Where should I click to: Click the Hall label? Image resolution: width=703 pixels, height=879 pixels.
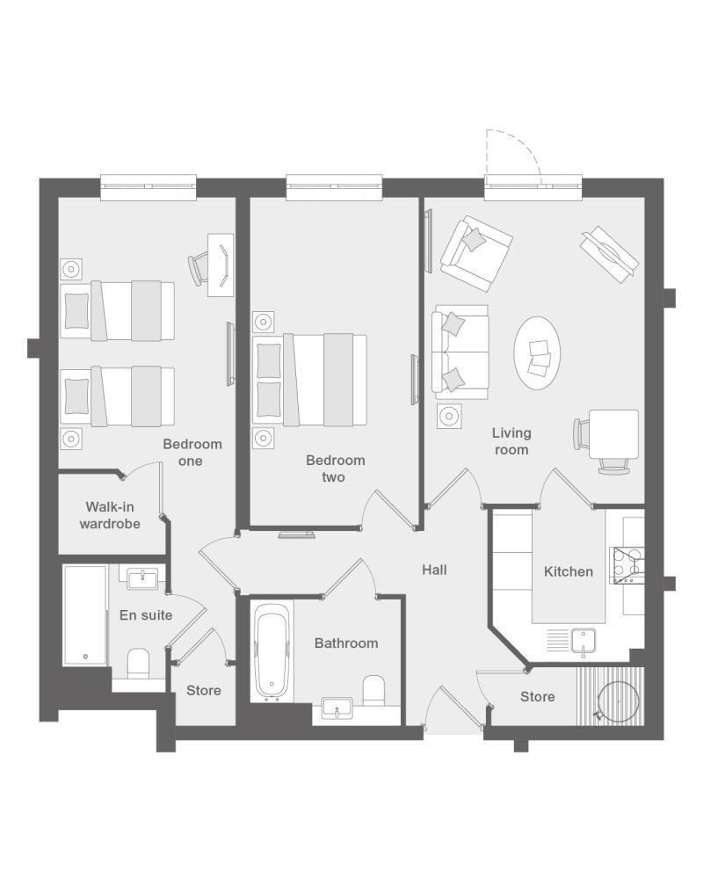click(x=434, y=570)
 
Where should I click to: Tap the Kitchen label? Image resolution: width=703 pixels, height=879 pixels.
click(x=568, y=572)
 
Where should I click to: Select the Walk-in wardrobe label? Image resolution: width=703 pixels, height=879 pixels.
click(x=110, y=515)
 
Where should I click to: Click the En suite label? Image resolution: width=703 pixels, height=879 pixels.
click(x=146, y=615)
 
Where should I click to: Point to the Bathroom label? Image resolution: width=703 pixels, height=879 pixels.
click(x=346, y=643)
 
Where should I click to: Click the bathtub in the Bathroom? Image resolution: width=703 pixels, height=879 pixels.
click(x=272, y=652)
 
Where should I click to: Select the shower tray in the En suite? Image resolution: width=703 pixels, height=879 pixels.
click(x=85, y=615)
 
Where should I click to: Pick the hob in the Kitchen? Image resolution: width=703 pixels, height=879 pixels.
click(x=627, y=565)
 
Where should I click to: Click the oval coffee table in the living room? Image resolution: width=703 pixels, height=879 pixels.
click(x=537, y=353)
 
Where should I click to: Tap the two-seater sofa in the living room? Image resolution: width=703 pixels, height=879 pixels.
click(x=460, y=352)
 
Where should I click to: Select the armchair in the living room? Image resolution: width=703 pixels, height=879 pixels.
click(x=476, y=253)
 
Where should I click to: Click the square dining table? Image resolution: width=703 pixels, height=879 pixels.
click(x=614, y=434)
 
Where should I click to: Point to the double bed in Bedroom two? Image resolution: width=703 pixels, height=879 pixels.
click(x=310, y=381)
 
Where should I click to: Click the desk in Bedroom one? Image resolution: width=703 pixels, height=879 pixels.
click(x=221, y=265)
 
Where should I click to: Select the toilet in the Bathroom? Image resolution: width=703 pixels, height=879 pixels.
click(x=374, y=691)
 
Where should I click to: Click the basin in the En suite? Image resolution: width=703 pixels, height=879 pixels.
click(x=143, y=578)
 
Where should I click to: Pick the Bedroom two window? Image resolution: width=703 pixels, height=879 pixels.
click(x=334, y=187)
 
